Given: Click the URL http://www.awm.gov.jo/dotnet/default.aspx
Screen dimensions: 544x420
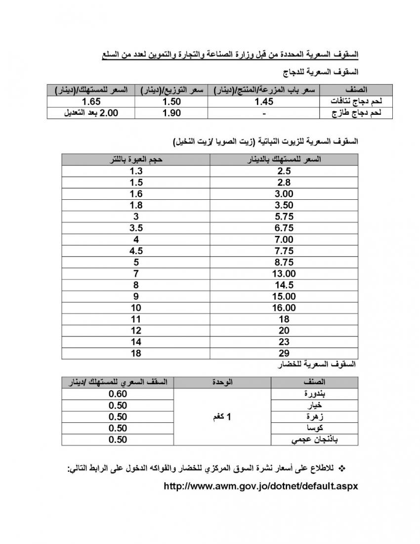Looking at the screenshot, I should coord(260,486).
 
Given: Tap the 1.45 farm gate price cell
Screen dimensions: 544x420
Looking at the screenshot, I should coord(264,101).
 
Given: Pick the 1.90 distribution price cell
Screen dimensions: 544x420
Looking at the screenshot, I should coord(171,113).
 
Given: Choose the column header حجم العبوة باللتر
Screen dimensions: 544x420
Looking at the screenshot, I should coord(136,159).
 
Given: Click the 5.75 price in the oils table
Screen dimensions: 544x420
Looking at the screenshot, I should coord(284,216).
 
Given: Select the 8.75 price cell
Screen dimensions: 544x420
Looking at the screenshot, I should coord(284,262).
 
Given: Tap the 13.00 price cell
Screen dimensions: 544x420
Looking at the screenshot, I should coord(284,273).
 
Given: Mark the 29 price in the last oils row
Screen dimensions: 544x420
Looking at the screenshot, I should coord(284,354).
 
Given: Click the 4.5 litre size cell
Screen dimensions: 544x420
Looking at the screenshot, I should coord(136,251).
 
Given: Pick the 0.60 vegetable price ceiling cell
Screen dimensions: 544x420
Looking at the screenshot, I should coord(118,394).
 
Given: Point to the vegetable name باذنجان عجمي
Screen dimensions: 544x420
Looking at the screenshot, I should coord(332,440).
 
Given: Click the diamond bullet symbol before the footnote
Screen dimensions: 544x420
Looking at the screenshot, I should coord(345,467).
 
